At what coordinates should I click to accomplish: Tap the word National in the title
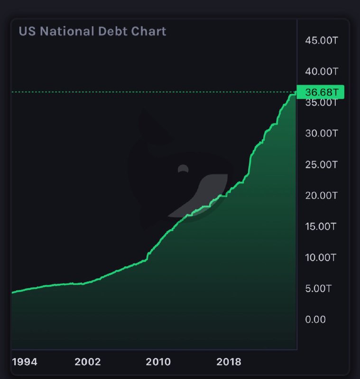coord(73,31)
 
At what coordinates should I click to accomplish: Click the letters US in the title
coord(27,31)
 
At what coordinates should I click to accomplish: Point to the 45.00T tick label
coord(321,40)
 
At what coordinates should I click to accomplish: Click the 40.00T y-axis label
coord(321,72)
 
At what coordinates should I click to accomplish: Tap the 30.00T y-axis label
coord(321,133)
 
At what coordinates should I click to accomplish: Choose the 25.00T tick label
coord(321,165)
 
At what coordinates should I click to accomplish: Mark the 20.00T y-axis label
coord(321,195)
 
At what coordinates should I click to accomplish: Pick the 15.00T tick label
coord(321,226)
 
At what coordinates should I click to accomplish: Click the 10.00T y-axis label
coord(321,258)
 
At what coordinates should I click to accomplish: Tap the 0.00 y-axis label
coord(315,320)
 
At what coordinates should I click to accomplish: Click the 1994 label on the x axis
coord(25,362)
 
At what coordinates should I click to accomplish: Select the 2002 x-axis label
coord(88,362)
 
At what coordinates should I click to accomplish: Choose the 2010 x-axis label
coord(158,362)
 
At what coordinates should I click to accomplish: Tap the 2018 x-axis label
coord(229,362)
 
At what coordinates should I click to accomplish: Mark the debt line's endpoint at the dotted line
coord(296,92)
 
